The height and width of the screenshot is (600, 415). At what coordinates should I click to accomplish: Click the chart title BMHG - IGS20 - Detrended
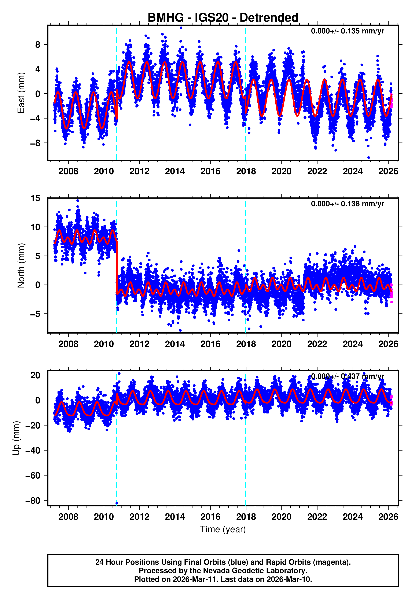point(223,18)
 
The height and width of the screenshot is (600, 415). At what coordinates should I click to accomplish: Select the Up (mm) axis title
point(16,438)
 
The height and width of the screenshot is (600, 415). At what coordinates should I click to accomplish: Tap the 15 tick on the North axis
point(36,198)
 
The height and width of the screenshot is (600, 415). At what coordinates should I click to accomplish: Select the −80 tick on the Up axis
point(33,500)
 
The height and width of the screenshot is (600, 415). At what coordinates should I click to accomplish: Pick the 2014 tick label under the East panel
point(175,171)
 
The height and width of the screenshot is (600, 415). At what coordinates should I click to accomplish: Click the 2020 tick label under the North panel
point(281,344)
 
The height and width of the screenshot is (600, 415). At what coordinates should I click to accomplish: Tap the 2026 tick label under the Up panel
point(388,517)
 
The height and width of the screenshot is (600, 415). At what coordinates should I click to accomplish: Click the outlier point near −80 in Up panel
point(117,503)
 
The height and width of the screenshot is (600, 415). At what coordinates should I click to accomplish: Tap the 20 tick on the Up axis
point(36,375)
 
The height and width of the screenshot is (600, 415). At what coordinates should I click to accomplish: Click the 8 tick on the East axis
point(38,44)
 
